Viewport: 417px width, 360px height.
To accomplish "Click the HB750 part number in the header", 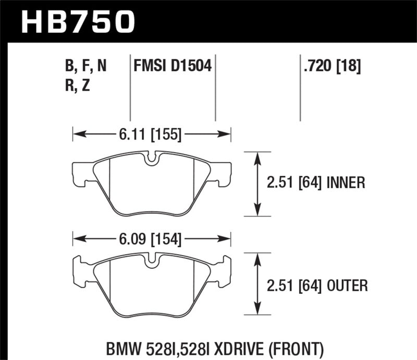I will pos(78,21).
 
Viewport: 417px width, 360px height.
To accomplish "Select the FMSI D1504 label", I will pos(173,67).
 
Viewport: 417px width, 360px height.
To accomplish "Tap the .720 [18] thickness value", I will pos(330,67).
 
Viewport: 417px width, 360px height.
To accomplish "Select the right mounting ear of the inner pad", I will pos(223,173).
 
